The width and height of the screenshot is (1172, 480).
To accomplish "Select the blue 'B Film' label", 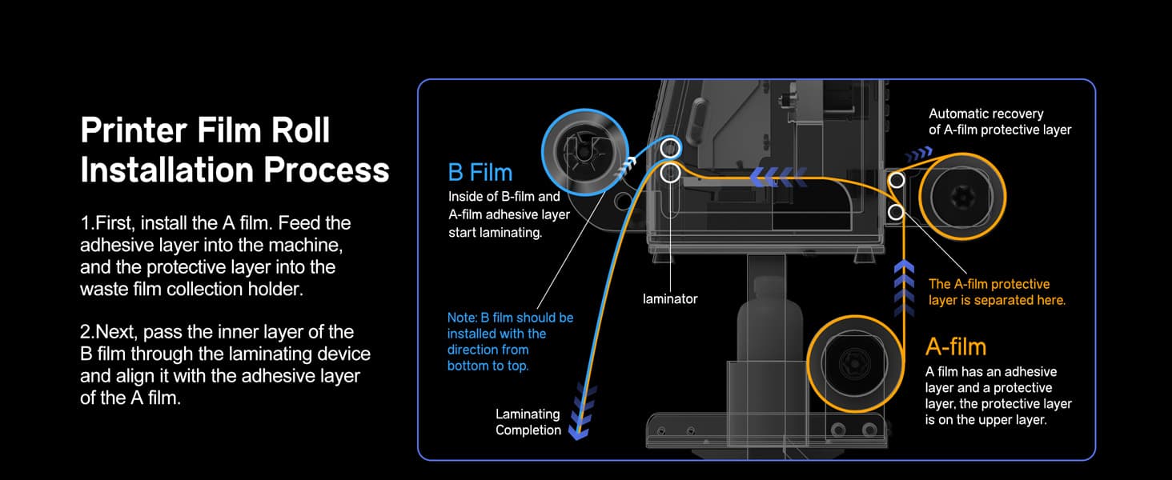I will [480, 173].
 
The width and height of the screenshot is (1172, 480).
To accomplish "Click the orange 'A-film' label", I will [955, 346].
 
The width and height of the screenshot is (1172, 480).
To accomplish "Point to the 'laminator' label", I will [670, 298].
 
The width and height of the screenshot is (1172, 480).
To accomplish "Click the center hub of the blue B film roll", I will [584, 150].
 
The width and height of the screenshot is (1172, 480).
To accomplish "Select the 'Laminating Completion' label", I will [528, 422].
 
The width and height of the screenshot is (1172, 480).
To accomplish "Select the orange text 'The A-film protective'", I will [989, 284].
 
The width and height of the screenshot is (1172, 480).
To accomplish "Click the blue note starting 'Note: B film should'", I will [510, 318].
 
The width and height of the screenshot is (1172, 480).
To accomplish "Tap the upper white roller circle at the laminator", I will [670, 148].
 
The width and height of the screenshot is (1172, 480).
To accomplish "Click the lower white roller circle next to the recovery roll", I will [897, 212].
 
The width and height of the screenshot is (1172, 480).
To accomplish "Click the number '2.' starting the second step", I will [88, 332].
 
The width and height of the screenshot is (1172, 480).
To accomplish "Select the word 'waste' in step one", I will [103, 289].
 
